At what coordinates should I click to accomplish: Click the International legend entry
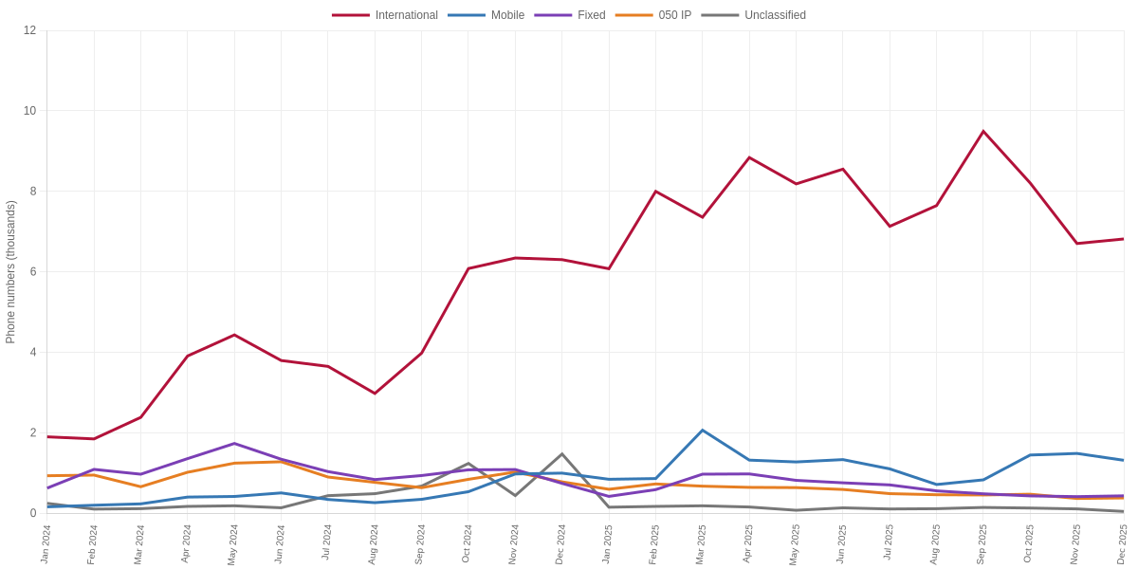click(x=385, y=15)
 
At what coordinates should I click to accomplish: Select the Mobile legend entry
click(x=486, y=15)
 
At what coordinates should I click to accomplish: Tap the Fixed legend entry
click(x=570, y=15)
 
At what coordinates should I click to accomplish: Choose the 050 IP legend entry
click(x=652, y=15)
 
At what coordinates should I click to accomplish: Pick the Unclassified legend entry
click(x=753, y=15)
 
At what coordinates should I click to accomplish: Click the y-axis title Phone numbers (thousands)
click(x=10, y=272)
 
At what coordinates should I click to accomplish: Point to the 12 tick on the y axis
click(x=30, y=30)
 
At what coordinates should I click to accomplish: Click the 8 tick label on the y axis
click(x=33, y=192)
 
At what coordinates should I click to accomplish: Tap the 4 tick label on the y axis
click(x=33, y=353)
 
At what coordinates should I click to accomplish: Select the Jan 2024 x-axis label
click(x=46, y=544)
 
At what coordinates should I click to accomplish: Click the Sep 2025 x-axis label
click(x=982, y=544)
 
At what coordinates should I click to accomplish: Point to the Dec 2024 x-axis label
click(x=560, y=544)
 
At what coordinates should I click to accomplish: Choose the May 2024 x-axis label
click(x=233, y=544)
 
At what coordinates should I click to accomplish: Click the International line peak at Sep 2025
click(x=983, y=131)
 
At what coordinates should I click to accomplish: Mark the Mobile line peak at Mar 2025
click(x=703, y=431)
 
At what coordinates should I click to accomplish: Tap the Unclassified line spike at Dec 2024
click(x=561, y=453)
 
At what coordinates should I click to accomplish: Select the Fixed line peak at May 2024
click(x=234, y=444)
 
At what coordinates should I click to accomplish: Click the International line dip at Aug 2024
click(x=375, y=394)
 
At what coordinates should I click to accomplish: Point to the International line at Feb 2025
click(x=655, y=191)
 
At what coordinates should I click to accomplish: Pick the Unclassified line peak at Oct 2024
click(x=468, y=464)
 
